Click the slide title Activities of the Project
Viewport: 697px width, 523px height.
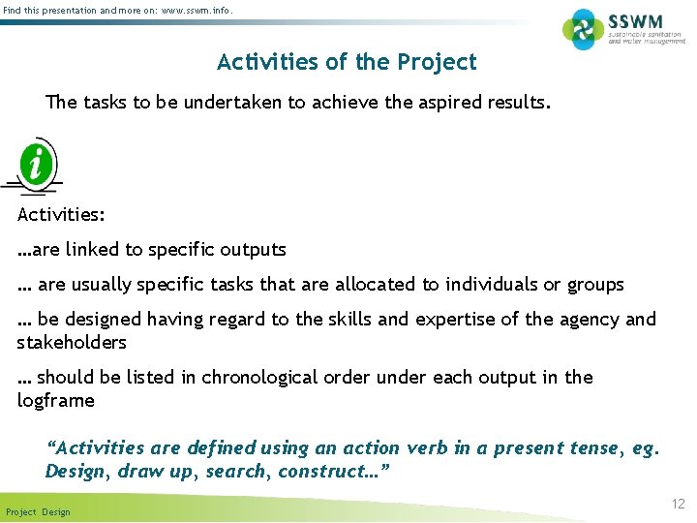pyautogui.click(x=347, y=62)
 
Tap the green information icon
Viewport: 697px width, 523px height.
pyautogui.click(x=37, y=164)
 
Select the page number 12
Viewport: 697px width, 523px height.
pyautogui.click(x=678, y=504)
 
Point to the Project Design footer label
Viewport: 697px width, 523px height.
pyautogui.click(x=38, y=511)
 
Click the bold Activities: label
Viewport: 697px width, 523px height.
pyautogui.click(x=61, y=215)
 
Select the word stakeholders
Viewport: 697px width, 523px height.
pyautogui.click(x=72, y=343)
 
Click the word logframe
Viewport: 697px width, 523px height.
pyautogui.click(x=56, y=401)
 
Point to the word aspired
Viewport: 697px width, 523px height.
pyautogui.click(x=453, y=102)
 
